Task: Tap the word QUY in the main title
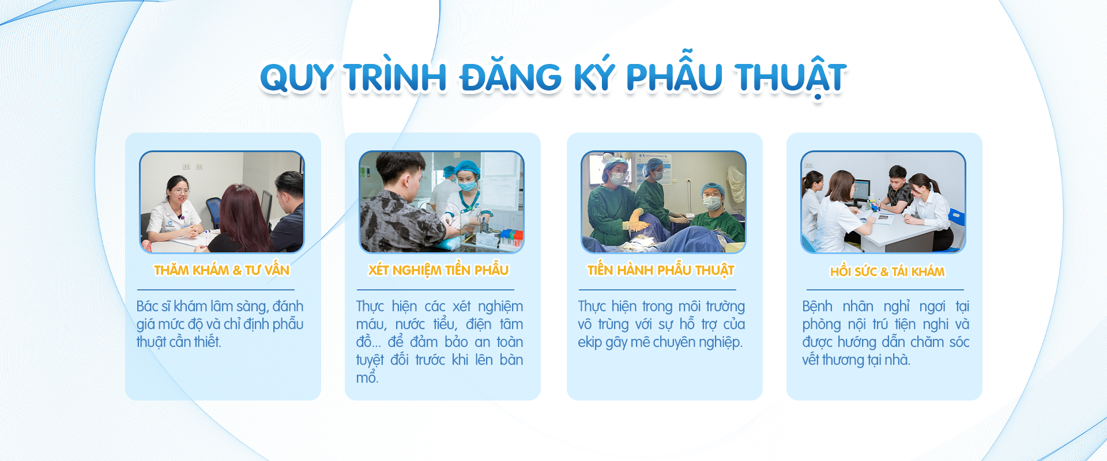click(296, 78)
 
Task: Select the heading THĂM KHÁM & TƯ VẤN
click(221, 270)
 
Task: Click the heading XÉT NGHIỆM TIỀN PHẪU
click(438, 270)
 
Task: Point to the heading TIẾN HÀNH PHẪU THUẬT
click(661, 270)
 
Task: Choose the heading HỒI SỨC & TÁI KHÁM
click(887, 271)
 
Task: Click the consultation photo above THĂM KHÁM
click(222, 202)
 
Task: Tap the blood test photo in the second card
click(442, 202)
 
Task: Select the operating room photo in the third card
click(664, 202)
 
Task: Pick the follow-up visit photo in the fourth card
click(883, 202)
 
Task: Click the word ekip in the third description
click(590, 342)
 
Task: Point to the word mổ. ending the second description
click(367, 378)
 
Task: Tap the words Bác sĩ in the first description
click(153, 306)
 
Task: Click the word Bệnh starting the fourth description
click(818, 306)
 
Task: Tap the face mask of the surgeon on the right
click(711, 203)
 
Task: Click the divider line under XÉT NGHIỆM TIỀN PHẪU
click(435, 290)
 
